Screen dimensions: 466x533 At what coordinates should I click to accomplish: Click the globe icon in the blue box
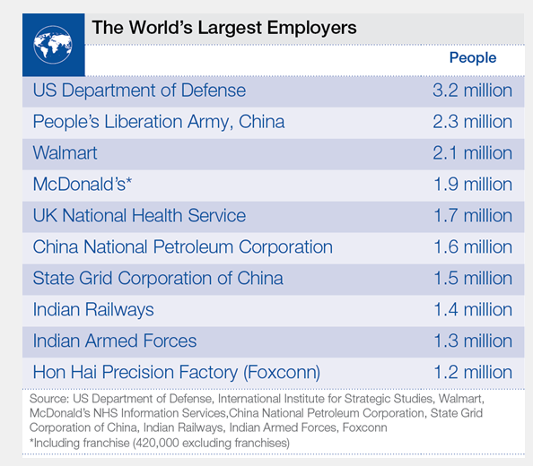point(53,43)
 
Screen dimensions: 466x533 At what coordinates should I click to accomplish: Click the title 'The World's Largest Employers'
point(223,27)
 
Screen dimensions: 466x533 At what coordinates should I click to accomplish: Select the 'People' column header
point(472,58)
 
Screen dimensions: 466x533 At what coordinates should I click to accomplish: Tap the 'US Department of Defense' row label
point(139,91)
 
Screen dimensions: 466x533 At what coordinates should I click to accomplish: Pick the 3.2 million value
point(471,91)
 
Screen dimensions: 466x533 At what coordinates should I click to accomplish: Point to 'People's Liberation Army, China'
point(159,122)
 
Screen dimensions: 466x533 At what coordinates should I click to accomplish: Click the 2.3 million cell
point(471,122)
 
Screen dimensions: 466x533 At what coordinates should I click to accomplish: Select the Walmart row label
point(66,153)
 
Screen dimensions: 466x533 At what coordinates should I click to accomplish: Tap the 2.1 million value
point(471,153)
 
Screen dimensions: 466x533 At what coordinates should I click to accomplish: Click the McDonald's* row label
point(82,185)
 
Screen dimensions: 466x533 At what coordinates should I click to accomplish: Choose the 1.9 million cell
point(471,185)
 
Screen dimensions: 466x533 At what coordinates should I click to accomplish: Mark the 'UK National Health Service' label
point(139,216)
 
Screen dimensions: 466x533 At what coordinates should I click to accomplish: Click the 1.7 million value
point(471,216)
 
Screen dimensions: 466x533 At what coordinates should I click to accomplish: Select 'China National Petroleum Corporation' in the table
point(182,247)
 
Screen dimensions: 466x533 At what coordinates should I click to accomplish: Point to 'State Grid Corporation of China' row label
point(158,279)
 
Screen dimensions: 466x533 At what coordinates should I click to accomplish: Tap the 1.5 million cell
point(471,279)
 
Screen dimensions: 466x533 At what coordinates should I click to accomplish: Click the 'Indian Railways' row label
point(93,310)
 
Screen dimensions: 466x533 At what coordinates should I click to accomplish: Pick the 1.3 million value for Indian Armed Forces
point(471,341)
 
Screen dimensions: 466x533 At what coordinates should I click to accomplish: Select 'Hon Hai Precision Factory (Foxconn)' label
point(177,372)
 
